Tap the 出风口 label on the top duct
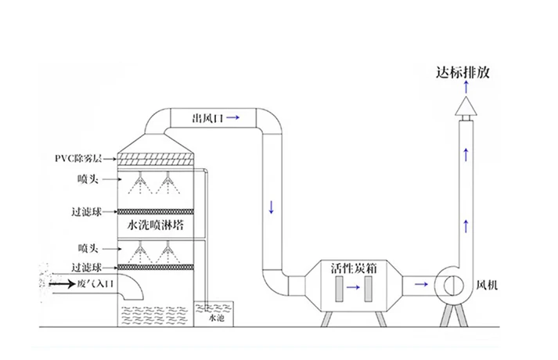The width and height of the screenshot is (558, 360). point(208,118)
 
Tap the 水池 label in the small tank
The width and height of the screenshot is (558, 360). point(215,319)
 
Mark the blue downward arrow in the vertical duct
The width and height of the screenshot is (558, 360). point(272,208)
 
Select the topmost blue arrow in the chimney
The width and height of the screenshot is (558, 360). point(467,154)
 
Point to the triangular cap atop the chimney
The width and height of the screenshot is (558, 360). point(466,104)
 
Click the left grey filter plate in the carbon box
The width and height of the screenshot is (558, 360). point(337,287)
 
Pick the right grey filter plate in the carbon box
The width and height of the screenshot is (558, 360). point(369,287)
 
